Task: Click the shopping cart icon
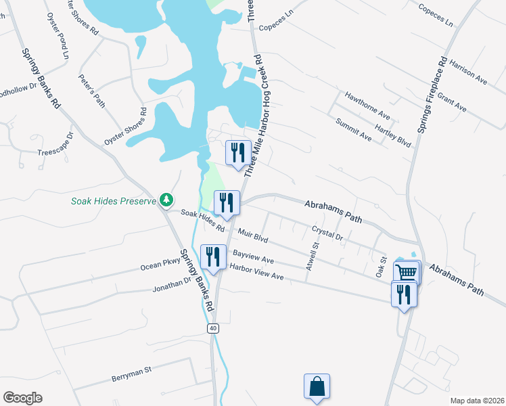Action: pos(406,272)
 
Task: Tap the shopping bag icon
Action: pos(317,386)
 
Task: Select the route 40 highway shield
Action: pos(214,328)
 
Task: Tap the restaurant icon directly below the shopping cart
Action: pos(404,294)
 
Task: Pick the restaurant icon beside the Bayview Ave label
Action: pos(213,256)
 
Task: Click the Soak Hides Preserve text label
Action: pos(113,201)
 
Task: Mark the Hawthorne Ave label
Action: pos(367,104)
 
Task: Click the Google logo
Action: pos(22,398)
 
